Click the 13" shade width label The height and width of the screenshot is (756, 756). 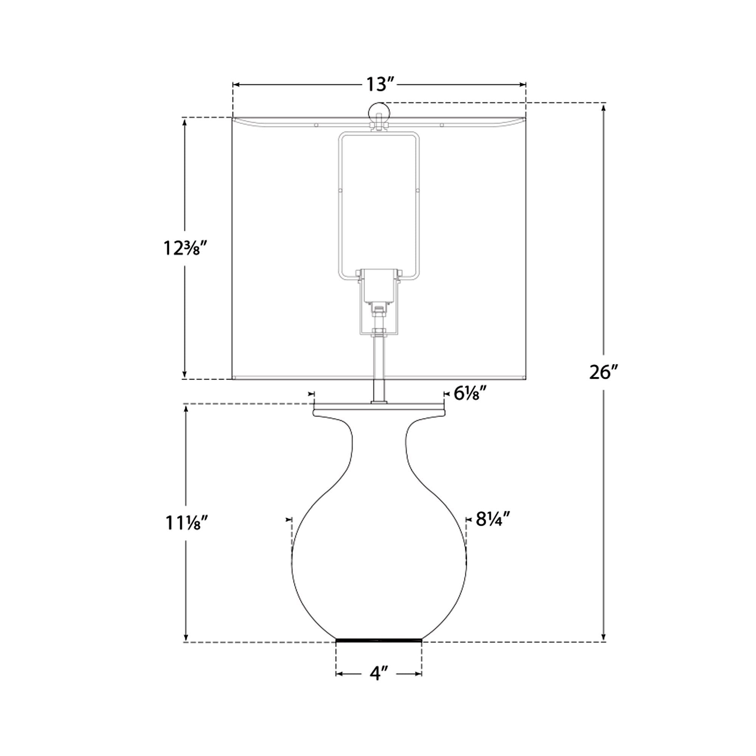coord(379,85)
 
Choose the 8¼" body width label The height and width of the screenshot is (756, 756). coord(493,519)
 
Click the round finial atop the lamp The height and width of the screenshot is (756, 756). coord(379,112)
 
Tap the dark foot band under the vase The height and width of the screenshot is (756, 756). coord(379,641)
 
